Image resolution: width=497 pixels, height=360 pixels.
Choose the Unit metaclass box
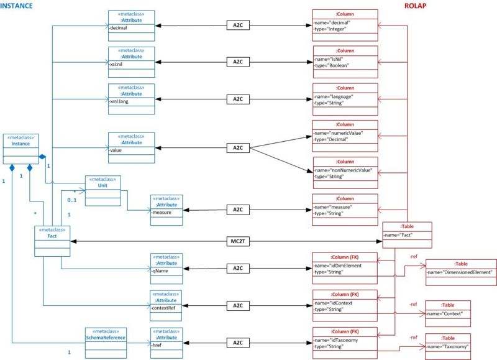103,191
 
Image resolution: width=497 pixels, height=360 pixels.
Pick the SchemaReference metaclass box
106,342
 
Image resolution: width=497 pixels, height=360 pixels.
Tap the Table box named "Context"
447,309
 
